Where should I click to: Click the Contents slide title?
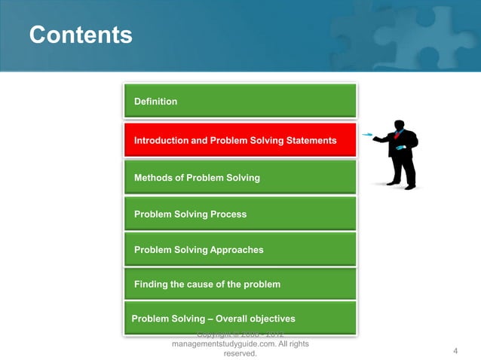click(x=80, y=35)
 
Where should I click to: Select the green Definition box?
click(x=240, y=101)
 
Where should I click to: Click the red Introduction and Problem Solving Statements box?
click(x=240, y=140)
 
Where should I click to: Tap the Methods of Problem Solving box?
click(x=240, y=178)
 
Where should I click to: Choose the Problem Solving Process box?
click(x=240, y=214)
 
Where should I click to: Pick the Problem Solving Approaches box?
click(x=240, y=249)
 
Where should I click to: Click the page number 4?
click(x=455, y=351)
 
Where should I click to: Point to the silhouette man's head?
click(x=399, y=125)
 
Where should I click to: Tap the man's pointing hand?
click(x=375, y=138)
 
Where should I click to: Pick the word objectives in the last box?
click(x=269, y=318)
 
